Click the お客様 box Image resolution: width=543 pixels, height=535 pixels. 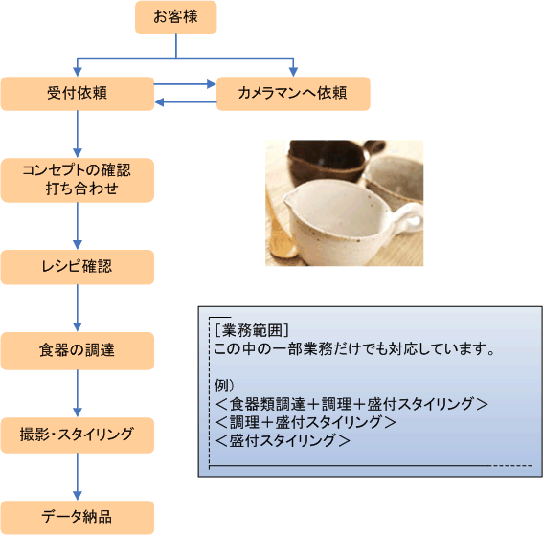pos(176,17)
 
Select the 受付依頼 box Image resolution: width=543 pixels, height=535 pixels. pos(78,94)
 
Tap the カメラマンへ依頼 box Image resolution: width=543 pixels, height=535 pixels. pos(293,94)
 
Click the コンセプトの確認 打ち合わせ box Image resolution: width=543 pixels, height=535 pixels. pos(78,180)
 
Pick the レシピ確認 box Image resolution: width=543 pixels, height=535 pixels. pos(78,267)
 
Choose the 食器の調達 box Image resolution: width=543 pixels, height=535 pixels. pos(78,351)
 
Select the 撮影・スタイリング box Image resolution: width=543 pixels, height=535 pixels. pos(78,435)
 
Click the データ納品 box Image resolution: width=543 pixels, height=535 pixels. pos(78,518)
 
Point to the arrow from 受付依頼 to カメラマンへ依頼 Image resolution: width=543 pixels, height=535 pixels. pos(185,84)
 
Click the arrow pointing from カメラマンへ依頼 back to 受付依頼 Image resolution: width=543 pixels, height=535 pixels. pos(186,102)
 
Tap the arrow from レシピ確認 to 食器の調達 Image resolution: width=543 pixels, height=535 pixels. pos(78,308)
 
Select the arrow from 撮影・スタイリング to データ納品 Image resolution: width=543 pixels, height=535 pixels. pos(78,477)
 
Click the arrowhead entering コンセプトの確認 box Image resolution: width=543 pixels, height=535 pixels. pos(78,153)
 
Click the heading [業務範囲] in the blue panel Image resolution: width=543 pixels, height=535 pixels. pos(252,330)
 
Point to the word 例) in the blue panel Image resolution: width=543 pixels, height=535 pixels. pos(224,385)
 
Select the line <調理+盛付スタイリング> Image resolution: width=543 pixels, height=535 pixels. pos(305,422)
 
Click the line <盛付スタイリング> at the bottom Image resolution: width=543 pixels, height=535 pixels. pos(283,440)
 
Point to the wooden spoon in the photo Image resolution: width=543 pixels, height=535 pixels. pos(281,232)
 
